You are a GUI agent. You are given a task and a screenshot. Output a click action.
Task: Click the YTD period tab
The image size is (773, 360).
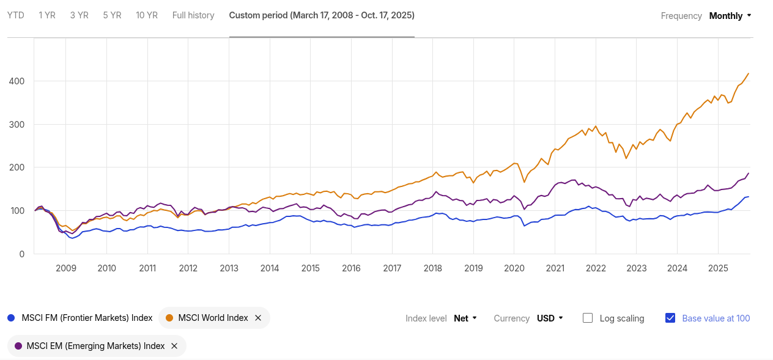(x=15, y=15)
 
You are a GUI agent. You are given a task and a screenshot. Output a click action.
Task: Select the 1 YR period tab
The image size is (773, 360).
(x=47, y=15)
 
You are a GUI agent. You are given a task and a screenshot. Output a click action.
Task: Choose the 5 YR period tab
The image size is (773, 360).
(x=112, y=15)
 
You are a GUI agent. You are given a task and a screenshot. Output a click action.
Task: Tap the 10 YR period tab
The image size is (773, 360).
(x=147, y=15)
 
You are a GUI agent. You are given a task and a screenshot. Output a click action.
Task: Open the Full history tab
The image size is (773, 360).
(x=193, y=15)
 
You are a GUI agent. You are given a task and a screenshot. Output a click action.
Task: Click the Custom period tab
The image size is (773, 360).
(x=322, y=15)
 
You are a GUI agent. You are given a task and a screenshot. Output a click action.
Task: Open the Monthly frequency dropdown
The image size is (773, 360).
(x=730, y=16)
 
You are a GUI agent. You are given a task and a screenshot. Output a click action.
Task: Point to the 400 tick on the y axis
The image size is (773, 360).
(x=17, y=81)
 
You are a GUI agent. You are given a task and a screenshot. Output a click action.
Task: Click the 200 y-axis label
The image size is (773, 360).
(x=17, y=167)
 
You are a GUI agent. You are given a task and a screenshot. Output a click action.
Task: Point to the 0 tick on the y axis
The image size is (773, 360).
(x=22, y=254)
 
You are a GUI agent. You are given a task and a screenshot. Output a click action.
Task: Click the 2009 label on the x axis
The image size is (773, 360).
(x=65, y=268)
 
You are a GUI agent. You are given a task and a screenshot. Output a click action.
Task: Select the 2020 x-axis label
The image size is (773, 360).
(x=514, y=268)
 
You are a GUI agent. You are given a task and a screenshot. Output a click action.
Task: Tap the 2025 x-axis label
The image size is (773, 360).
(x=718, y=268)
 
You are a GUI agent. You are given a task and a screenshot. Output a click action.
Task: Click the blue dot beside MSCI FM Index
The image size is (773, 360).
(x=11, y=318)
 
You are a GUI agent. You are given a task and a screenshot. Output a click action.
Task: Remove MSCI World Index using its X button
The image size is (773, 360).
(x=258, y=318)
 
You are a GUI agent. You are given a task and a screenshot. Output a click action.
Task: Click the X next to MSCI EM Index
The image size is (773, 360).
(x=174, y=346)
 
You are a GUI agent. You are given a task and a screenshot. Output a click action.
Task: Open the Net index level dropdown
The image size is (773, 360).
(x=465, y=318)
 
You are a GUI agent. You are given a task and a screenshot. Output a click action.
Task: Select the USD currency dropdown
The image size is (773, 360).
(x=550, y=318)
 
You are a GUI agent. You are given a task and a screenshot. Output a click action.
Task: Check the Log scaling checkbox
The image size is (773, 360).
(x=588, y=318)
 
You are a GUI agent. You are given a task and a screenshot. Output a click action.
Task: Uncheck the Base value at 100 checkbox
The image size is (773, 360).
(x=670, y=318)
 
